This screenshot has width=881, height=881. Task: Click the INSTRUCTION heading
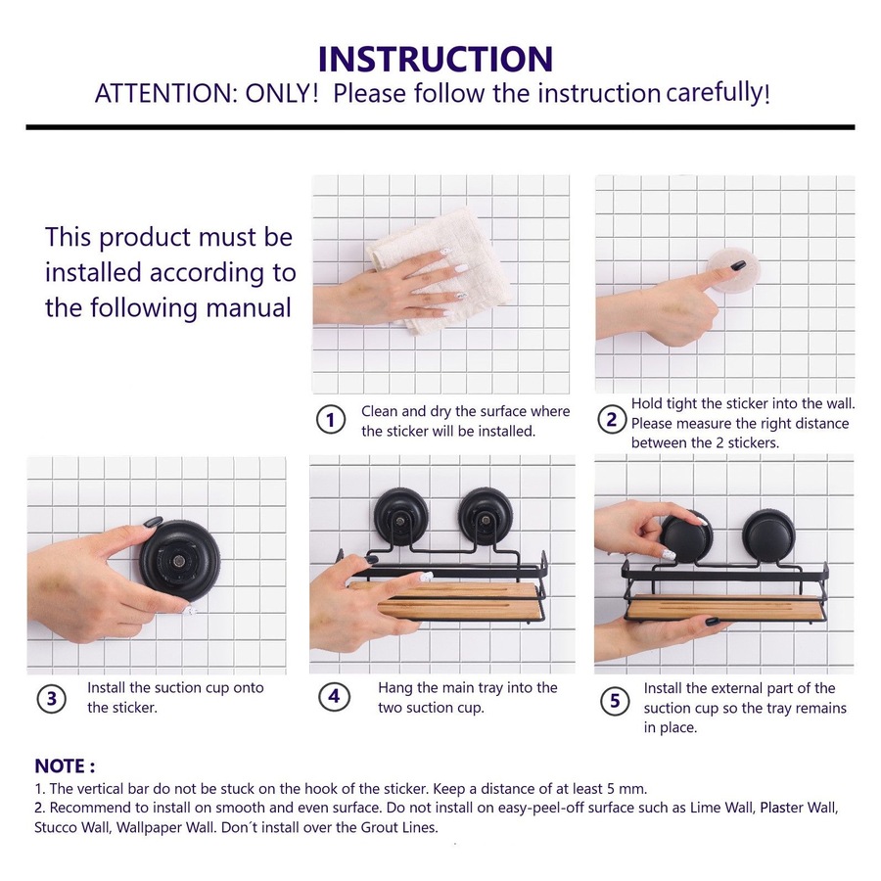point(436,59)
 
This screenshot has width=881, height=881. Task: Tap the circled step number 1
point(331,420)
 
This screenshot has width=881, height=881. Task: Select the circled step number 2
point(611,419)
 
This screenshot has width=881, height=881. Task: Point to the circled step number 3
point(51,698)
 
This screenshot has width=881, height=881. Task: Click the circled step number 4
point(334,697)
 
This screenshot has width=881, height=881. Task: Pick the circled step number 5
point(615,701)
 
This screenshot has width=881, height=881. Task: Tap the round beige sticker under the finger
point(734,270)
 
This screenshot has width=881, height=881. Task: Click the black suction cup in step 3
point(180,560)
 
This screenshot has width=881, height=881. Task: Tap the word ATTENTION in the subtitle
point(163,93)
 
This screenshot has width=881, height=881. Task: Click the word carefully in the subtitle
point(717,93)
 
